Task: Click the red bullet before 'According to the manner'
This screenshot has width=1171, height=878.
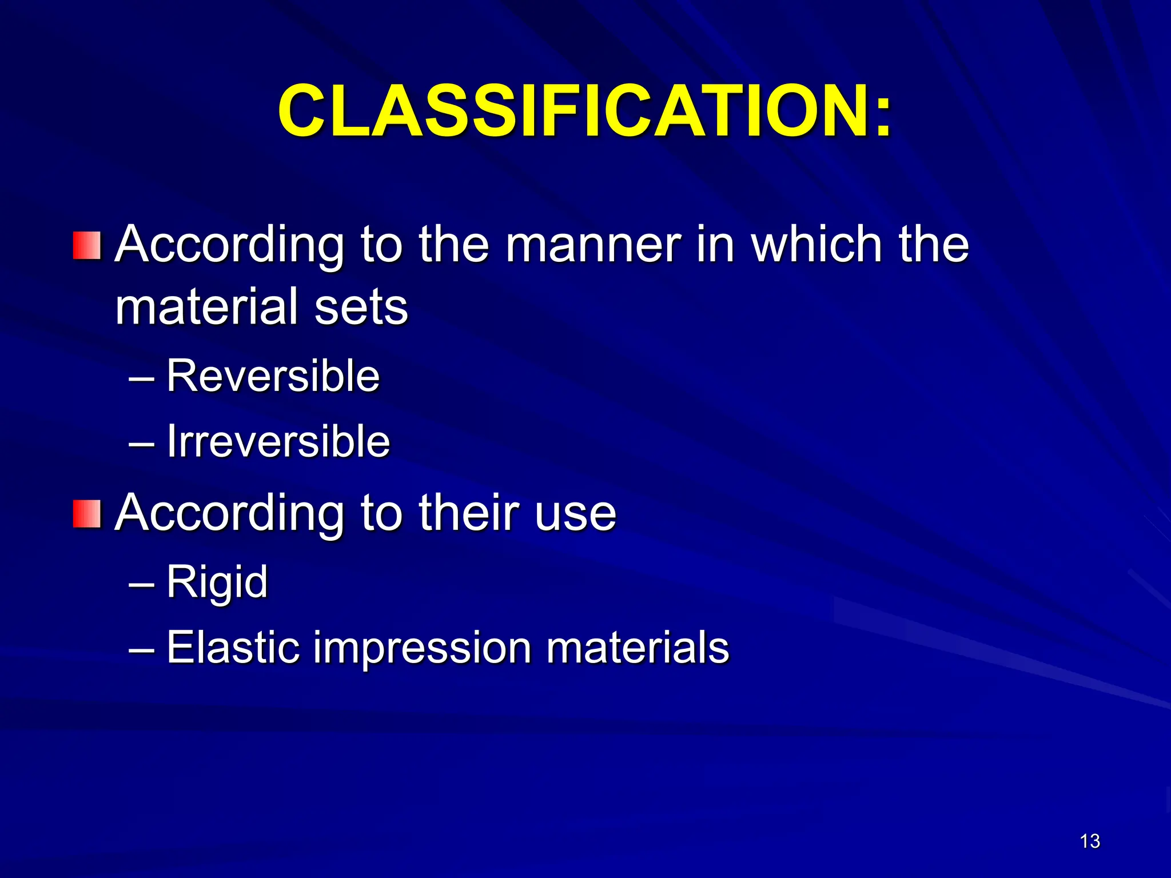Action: (87, 246)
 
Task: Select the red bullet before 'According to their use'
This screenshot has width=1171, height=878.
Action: (87, 513)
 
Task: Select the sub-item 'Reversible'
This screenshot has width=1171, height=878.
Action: (273, 376)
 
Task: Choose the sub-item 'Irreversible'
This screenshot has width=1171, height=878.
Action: (278, 442)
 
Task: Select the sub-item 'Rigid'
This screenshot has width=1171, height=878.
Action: (217, 582)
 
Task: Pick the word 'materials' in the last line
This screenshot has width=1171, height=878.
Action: (638, 648)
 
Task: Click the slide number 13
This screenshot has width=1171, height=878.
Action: (1090, 841)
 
